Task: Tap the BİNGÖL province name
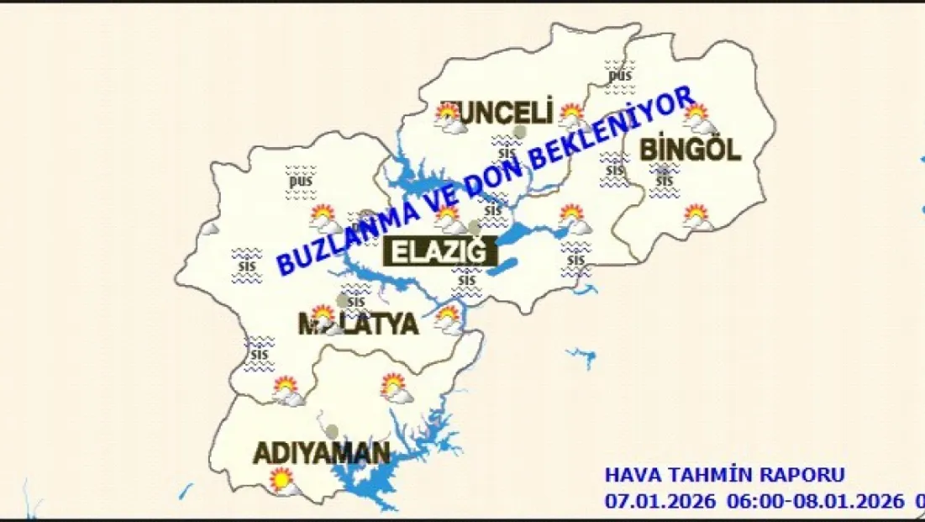pos(690,151)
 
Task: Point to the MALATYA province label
pos(358,324)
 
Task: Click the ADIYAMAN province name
pos(322,454)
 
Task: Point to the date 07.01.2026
pos(660,502)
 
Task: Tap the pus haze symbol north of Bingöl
pos(620,74)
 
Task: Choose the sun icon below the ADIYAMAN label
pos(282,482)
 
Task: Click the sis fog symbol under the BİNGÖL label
pos(665,181)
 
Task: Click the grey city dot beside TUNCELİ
pos(521,131)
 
